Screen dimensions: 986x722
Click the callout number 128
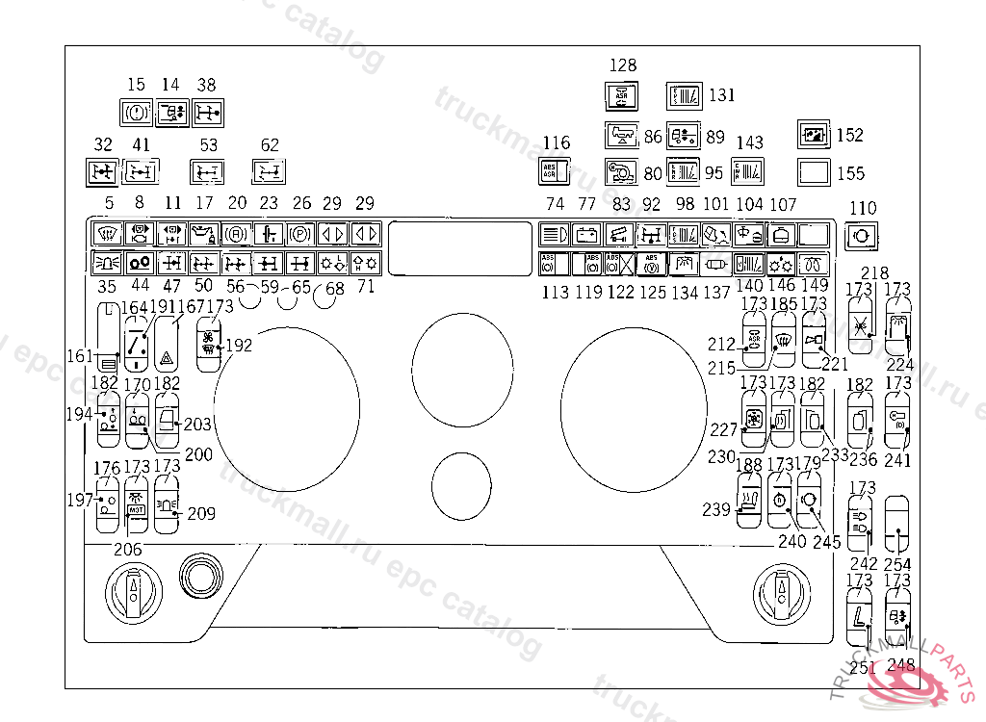click(624, 65)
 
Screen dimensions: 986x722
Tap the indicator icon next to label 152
click(815, 135)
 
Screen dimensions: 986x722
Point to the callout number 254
click(897, 564)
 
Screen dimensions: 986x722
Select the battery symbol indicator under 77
click(586, 233)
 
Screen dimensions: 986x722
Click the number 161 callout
click(80, 355)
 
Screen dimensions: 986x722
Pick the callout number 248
click(901, 665)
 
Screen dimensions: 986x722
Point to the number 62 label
click(270, 145)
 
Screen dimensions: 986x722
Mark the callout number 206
click(128, 549)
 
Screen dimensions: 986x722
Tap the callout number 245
click(826, 542)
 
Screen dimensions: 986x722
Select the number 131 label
click(721, 95)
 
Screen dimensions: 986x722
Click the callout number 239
click(715, 509)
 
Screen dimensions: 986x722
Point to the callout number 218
click(875, 273)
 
